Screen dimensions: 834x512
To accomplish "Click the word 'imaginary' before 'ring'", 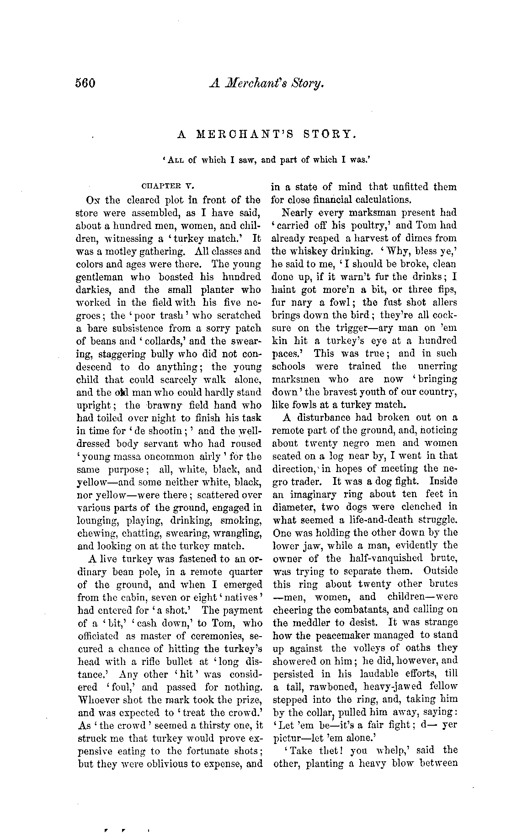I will [x=310, y=494].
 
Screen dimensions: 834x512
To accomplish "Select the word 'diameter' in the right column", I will [x=292, y=507].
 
